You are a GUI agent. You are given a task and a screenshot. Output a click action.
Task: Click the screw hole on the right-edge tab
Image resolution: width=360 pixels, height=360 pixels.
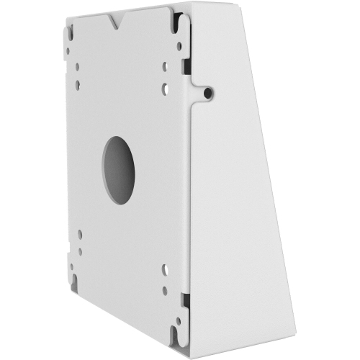click(207, 93)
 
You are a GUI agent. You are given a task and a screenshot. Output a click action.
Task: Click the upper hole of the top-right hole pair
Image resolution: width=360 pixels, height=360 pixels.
click(165, 68)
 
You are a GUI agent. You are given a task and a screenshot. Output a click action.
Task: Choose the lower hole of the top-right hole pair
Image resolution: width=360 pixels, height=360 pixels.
click(165, 89)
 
